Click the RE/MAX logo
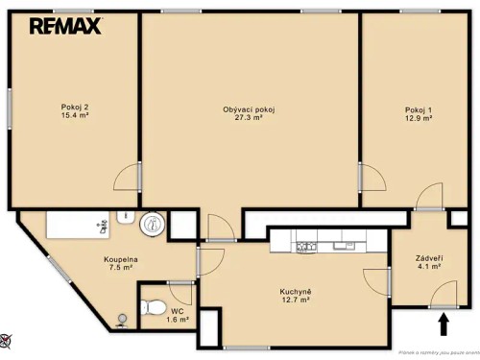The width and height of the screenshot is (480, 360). pos(65,26)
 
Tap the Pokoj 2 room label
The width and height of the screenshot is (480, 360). pos(73,106)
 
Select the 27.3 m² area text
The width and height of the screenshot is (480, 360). pos(250,118)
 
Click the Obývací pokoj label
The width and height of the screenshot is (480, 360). pos(250,108)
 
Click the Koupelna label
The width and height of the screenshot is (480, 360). pos(122,259)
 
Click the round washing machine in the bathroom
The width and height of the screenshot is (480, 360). pos(152,226)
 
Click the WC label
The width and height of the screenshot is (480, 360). pos(177,311)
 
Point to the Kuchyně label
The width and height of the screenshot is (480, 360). pos(294,291)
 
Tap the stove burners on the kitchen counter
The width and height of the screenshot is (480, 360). pos(306,247)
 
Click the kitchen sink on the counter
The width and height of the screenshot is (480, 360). pos(344,247)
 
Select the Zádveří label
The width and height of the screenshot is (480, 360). pos(428,259)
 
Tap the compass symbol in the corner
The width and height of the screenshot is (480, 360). pos(6,338)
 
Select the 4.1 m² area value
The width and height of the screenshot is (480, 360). pos(428,269)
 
